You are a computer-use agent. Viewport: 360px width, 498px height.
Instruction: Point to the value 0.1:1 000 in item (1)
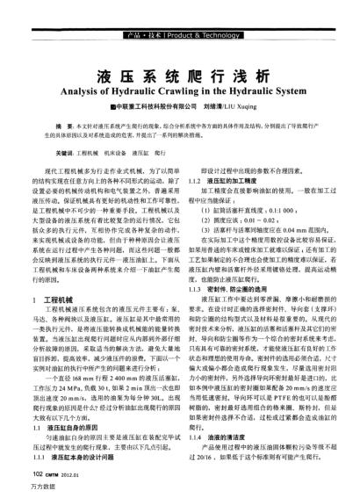271,204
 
